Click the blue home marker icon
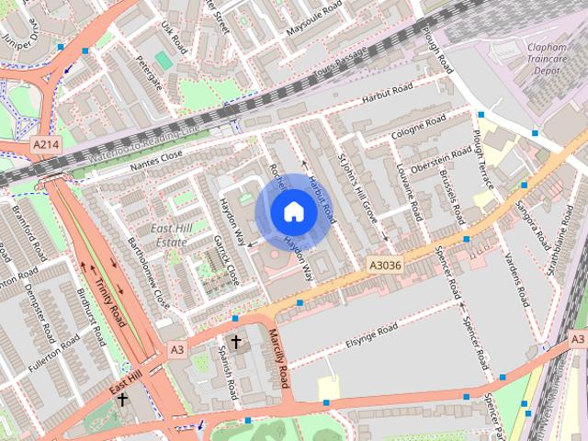(293, 211)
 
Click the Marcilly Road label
(278, 357)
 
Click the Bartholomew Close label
(149, 275)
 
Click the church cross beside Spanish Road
(235, 343)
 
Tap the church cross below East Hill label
(121, 400)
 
